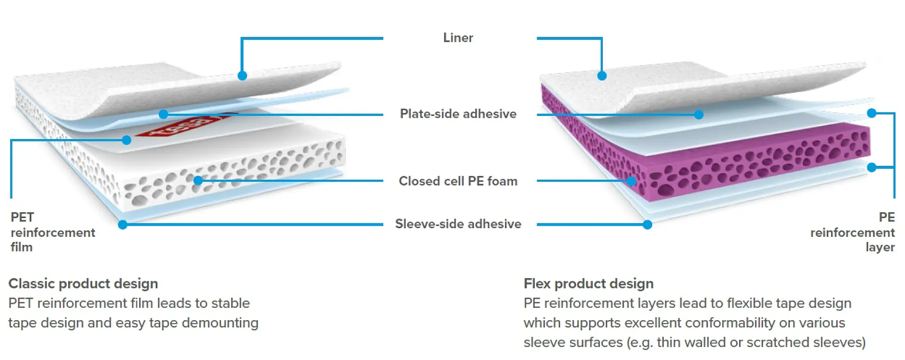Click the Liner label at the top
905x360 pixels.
coord(458,38)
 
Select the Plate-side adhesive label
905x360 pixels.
coord(458,114)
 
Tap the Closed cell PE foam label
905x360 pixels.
coord(458,181)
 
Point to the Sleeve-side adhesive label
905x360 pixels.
coord(458,224)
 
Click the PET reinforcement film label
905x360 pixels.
coord(53,232)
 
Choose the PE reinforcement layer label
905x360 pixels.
coord(852,232)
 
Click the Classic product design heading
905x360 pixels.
coord(83,284)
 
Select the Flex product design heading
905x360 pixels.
coord(588,284)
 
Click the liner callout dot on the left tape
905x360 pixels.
coord(242,76)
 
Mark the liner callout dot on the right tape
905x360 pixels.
coord(602,76)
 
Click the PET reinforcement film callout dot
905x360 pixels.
coord(127,140)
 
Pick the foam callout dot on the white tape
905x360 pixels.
coord(198,180)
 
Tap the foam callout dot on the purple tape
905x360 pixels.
coord(632,181)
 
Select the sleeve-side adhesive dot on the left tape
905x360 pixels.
coord(123,224)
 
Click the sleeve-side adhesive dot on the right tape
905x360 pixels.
coord(647,224)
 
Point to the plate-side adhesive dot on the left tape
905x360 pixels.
coord(164,114)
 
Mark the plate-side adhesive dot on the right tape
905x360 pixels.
coord(699,115)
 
